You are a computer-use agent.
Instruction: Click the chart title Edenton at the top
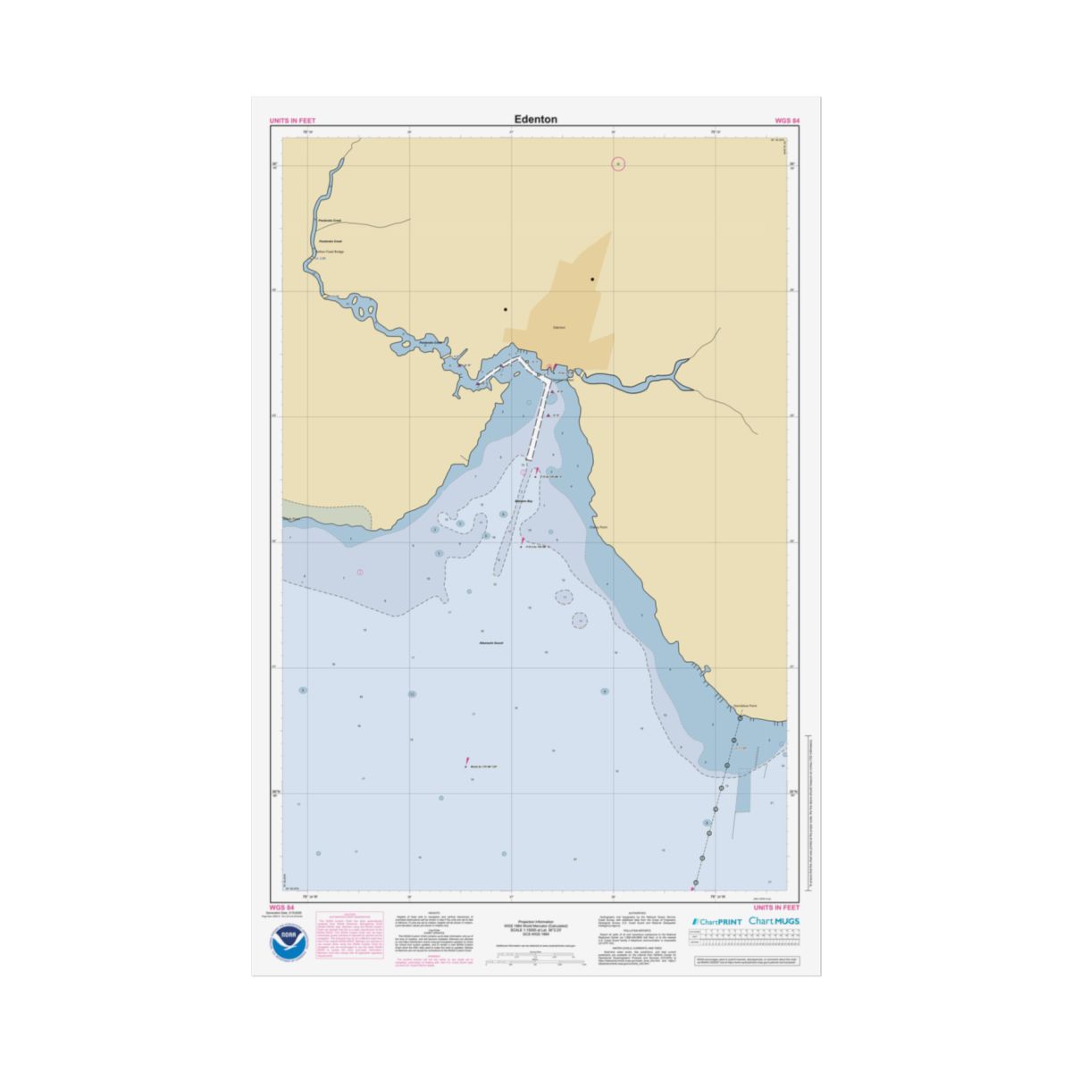[535, 119]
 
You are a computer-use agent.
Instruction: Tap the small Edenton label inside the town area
[559, 328]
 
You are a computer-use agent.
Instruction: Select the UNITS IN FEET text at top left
[292, 121]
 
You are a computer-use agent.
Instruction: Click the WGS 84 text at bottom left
[282, 907]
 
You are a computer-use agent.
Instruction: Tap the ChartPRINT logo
[716, 920]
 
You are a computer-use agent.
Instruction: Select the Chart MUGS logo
[775, 920]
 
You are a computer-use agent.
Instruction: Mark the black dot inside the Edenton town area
[591, 280]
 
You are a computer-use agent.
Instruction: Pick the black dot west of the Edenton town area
[505, 310]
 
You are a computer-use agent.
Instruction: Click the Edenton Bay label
[523, 502]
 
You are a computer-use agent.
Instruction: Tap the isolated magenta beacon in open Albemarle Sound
[467, 762]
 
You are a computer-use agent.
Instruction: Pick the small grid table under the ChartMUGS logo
[748, 939]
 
